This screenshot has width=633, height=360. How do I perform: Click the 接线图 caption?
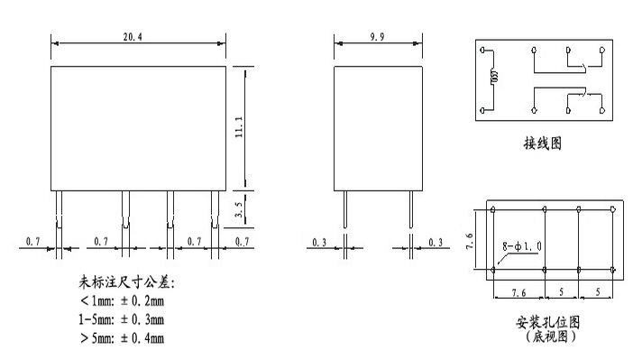click(542, 143)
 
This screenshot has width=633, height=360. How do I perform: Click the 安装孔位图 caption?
click(546, 322)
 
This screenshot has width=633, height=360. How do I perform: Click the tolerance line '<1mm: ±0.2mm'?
click(122, 301)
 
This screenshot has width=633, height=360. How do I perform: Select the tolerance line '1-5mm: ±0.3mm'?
click(122, 319)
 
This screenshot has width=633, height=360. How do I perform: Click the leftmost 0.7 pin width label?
click(32, 242)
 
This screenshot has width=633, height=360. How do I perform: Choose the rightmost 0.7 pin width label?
click(243, 242)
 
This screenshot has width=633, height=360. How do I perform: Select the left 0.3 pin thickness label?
click(320, 242)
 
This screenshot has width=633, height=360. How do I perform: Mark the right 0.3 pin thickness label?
click(436, 242)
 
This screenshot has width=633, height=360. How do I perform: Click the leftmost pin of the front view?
click(57, 210)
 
